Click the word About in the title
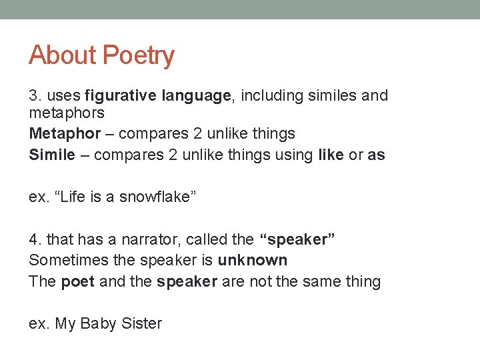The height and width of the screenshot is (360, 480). pos(61,55)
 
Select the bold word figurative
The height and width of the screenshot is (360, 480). pos(122,96)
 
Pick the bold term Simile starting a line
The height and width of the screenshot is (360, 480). pos(52,155)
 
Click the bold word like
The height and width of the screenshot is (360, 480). pos(331,155)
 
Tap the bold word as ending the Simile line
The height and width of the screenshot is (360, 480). pos(377,155)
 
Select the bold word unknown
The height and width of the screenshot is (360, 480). pos(253,260)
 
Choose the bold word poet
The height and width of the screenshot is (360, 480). pos(77,281)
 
